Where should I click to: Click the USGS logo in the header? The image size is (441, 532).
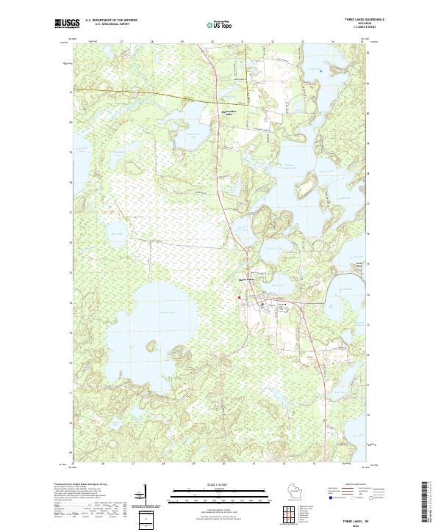(64, 23)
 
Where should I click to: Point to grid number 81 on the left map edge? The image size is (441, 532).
(71, 92)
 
